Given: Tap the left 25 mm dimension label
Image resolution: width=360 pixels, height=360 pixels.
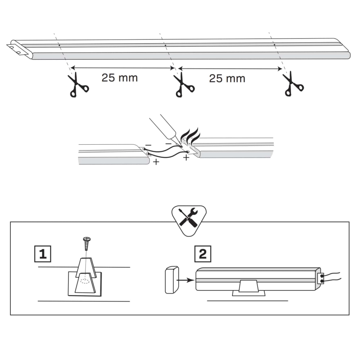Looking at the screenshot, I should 119,78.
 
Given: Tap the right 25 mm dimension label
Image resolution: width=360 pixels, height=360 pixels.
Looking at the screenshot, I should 227,78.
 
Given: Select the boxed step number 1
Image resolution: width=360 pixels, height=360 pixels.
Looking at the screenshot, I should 43,253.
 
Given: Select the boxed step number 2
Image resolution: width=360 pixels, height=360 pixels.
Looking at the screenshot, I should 203,253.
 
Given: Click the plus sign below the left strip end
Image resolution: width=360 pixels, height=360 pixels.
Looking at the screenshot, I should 156,162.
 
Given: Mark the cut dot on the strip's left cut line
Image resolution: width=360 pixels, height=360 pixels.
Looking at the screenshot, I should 60,45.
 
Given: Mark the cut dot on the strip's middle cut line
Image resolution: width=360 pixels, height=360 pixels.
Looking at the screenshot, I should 165,45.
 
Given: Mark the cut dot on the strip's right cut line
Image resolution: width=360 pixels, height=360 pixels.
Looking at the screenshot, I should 274,44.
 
